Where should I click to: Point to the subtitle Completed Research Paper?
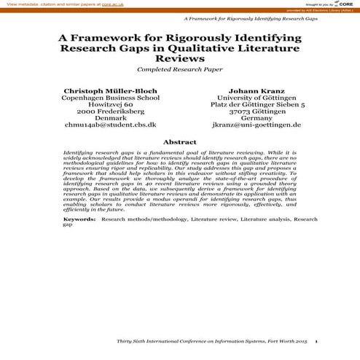[x=179, y=71]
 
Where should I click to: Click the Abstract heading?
[x=179, y=141]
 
